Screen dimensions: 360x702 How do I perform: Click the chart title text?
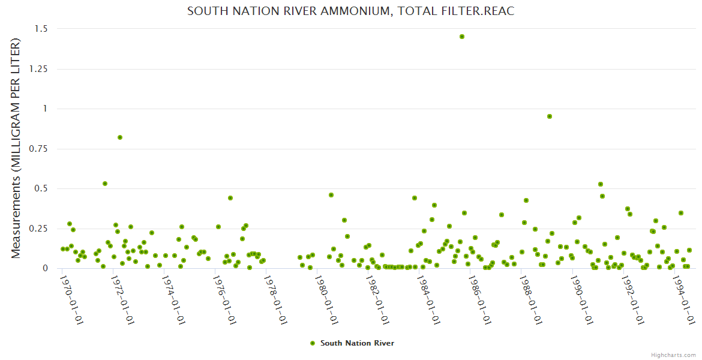click(x=351, y=11)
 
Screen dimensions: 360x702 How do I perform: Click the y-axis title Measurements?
click(x=16, y=148)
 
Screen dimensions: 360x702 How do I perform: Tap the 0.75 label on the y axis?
click(x=40, y=149)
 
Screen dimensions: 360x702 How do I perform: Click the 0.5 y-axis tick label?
click(x=43, y=188)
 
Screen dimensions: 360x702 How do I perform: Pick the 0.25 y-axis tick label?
click(x=40, y=229)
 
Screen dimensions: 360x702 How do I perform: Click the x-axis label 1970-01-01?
click(x=72, y=299)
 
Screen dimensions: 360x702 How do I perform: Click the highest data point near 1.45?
click(x=462, y=37)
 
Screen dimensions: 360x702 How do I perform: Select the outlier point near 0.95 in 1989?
click(x=549, y=116)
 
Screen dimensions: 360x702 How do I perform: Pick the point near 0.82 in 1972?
click(x=120, y=137)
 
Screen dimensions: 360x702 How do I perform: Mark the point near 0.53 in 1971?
click(x=105, y=184)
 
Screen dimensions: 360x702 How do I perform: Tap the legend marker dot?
click(x=312, y=343)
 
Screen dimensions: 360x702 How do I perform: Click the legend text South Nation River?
click(x=357, y=343)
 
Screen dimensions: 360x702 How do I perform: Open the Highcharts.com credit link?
click(x=673, y=355)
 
